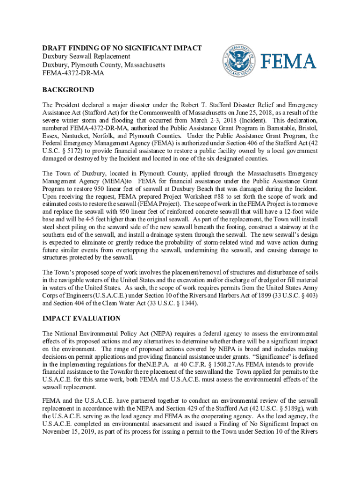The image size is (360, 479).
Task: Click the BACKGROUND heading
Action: [x=68, y=90]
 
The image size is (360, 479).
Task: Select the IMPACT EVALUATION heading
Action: [x=81, y=319]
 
